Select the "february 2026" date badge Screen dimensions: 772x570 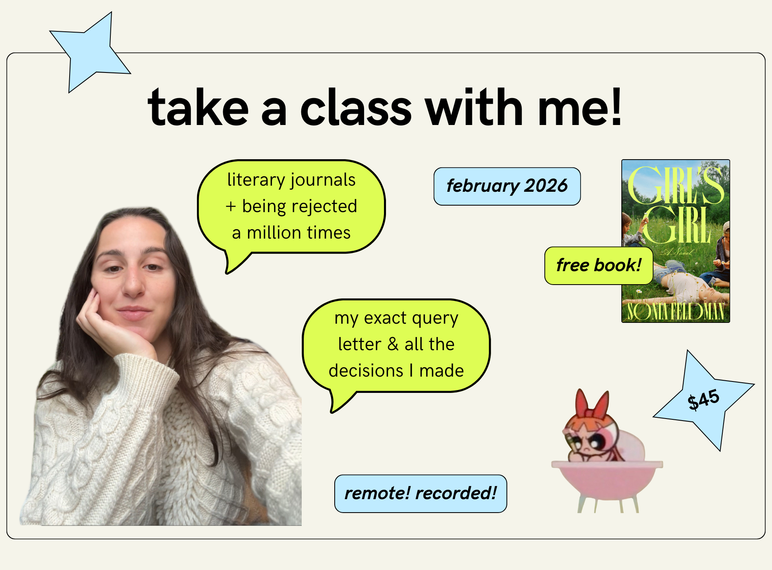pos(507,186)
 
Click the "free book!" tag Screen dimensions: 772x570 pos(599,265)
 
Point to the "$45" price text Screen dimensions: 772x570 pos(703,399)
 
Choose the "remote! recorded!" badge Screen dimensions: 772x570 pos(421,493)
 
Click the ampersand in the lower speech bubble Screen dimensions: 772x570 pos(393,344)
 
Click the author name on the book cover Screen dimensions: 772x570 pos(675,311)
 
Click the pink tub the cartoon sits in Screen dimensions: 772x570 pos(607,480)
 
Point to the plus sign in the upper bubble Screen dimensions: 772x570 pos(231,207)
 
